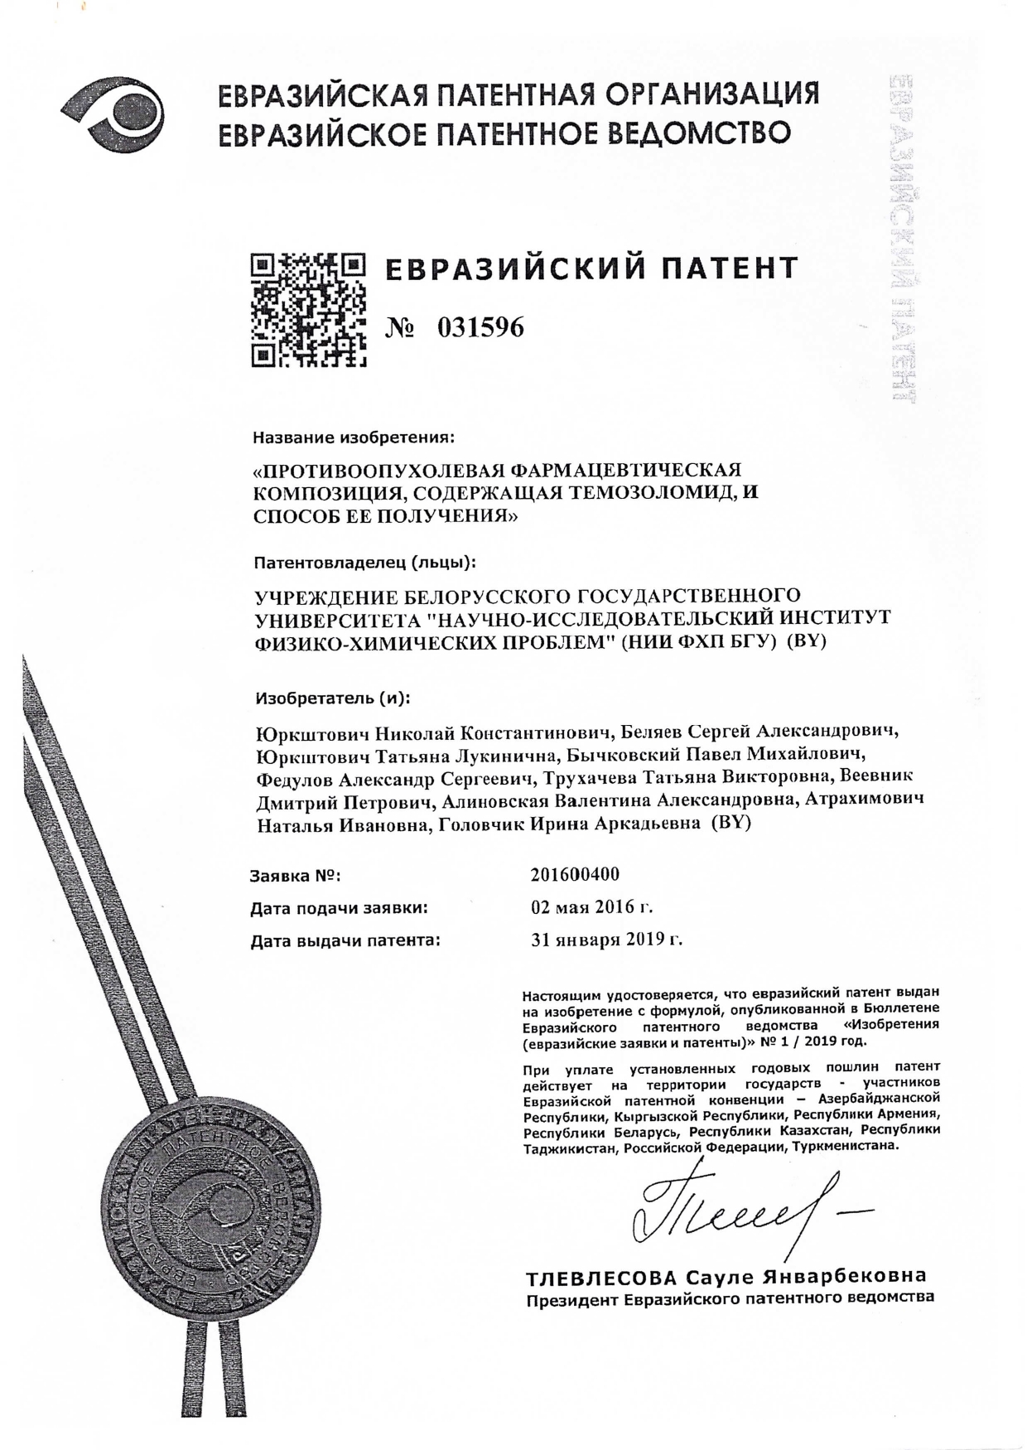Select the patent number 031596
(x=480, y=328)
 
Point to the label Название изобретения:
(x=354, y=436)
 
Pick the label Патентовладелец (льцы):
(x=364, y=563)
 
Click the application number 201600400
(x=575, y=875)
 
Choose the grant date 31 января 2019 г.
(x=606, y=940)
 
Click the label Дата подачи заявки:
(x=339, y=908)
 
